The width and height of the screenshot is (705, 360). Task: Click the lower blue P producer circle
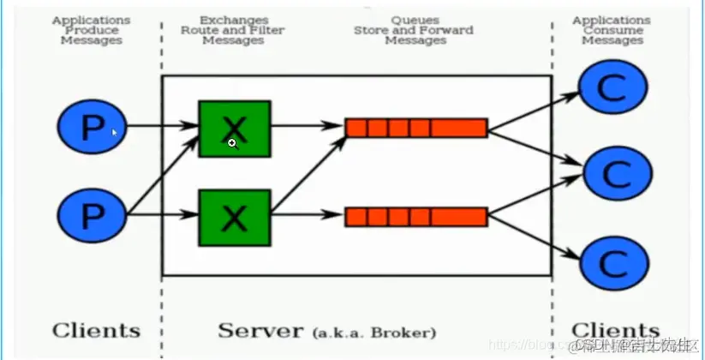[92, 215]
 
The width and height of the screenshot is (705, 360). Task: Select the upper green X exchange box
[234, 129]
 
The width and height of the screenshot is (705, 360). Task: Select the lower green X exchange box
[234, 219]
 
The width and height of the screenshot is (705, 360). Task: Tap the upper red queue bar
[416, 129]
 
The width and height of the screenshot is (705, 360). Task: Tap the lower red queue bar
[416, 217]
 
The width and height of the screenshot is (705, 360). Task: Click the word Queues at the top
[415, 19]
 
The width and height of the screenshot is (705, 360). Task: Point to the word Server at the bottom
[259, 330]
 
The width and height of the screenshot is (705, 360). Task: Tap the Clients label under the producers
[95, 330]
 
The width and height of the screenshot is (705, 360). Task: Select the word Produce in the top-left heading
[92, 30]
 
